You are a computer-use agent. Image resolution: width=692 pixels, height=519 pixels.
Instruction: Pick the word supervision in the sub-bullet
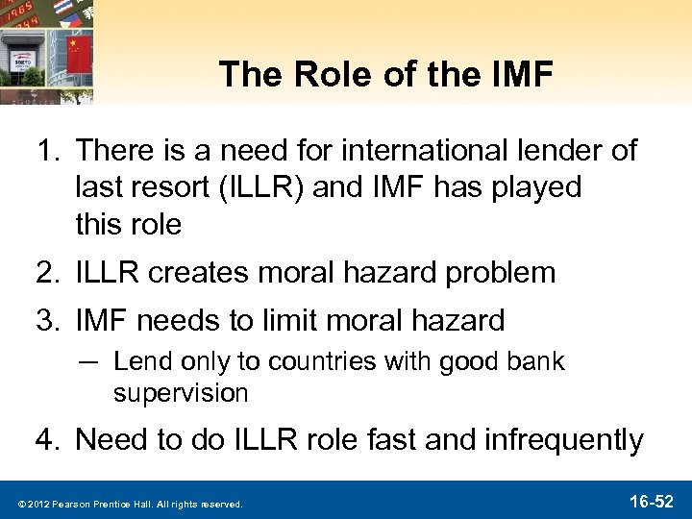[181, 393]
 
